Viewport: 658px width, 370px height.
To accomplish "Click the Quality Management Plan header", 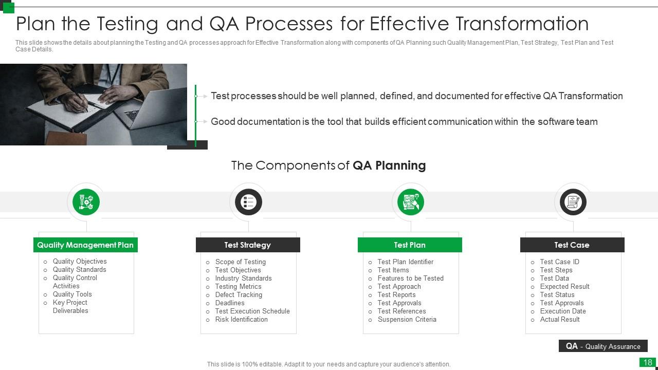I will [85, 245].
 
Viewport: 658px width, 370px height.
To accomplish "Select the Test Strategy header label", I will [247, 245].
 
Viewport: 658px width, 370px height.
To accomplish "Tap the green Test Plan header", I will [410, 245].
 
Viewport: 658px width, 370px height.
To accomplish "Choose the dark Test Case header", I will [572, 245].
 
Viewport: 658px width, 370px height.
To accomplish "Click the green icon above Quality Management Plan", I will [86, 202].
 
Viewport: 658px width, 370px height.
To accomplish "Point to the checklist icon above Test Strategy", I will [248, 202].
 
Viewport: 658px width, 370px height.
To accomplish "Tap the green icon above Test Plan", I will [411, 202].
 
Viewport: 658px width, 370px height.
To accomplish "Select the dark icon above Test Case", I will [573, 202].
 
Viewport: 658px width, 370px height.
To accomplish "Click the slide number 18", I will [647, 362].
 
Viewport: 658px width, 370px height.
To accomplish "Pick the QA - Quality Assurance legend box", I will [602, 346].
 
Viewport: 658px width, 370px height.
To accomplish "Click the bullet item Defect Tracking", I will [239, 295].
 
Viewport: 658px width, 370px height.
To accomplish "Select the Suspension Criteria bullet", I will [407, 320].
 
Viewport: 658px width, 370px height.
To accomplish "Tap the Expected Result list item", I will [564, 287].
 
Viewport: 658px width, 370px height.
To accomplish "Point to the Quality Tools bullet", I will [72, 294].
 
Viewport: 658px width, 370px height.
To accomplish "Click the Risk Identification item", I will [241, 320].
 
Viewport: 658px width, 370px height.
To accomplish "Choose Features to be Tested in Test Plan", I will [410, 279].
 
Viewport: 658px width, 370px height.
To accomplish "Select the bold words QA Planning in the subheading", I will [389, 165].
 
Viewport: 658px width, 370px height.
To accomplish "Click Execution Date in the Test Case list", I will [562, 311].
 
